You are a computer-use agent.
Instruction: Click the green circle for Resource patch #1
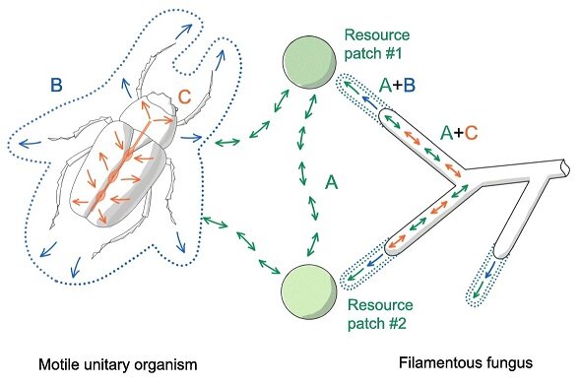tap(309, 63)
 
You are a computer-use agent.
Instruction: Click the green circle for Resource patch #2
tap(309, 291)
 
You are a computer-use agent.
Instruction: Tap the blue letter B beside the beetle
tap(56, 85)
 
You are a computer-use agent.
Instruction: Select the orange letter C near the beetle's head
tap(184, 96)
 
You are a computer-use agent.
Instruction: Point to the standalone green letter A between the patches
tap(331, 182)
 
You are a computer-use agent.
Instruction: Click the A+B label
tap(398, 86)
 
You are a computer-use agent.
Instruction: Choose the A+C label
tap(460, 133)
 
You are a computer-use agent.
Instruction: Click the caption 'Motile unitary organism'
tap(118, 365)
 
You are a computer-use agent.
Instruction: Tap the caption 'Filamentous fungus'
tap(466, 362)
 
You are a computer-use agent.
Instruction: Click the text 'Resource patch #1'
tap(377, 44)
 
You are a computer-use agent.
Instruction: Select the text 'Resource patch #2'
tap(380, 314)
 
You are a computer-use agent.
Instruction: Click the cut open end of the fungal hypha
tap(565, 167)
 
